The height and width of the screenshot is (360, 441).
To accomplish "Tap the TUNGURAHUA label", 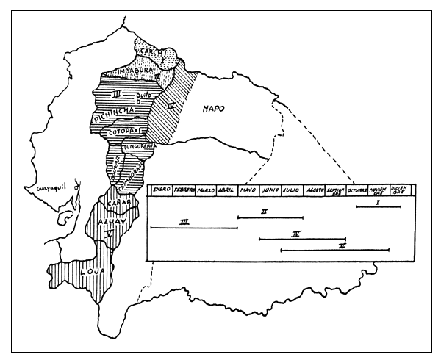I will [x=137, y=147].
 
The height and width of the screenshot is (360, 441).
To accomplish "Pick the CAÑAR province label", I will [x=110, y=203].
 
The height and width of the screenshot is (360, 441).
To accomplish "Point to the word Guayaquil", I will [x=45, y=190].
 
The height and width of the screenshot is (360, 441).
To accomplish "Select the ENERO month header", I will [x=162, y=190].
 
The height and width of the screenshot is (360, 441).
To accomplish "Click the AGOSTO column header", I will [x=315, y=190].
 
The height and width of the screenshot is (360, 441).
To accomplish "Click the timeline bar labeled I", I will [x=378, y=207].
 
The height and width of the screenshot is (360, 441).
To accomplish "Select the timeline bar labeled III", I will [x=194, y=228].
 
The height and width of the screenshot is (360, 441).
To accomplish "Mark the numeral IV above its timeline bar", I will [x=296, y=234].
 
